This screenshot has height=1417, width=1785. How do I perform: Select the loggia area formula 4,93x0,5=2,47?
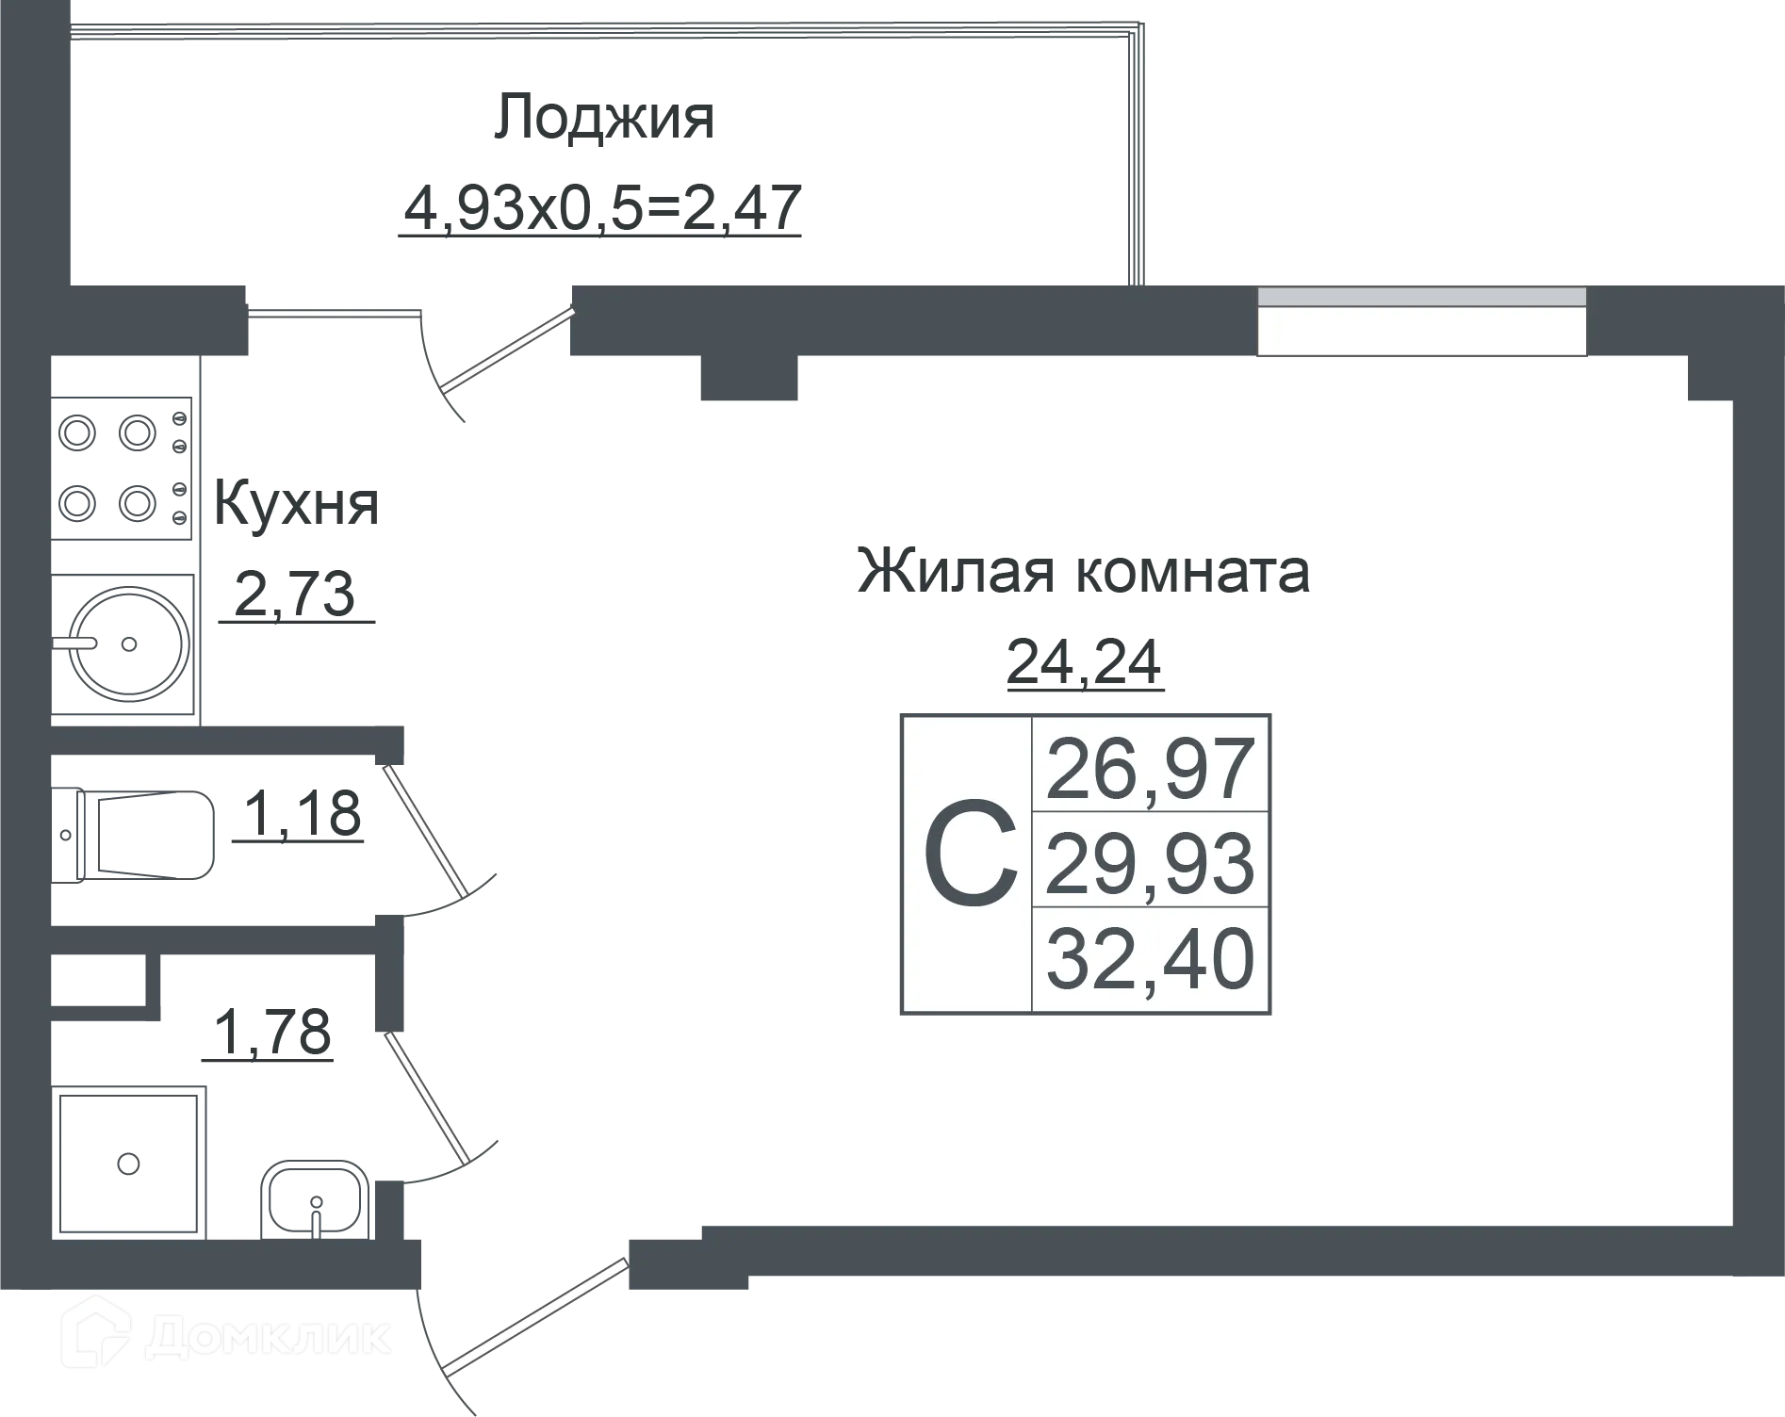[x=601, y=207]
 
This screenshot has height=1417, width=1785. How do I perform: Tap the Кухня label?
[x=296, y=504]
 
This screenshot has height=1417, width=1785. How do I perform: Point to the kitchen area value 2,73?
[x=294, y=594]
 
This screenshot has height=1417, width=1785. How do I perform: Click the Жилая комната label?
[x=1083, y=570]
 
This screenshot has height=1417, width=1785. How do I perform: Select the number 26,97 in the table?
[x=1151, y=769]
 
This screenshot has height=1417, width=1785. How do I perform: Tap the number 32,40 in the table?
[x=1151, y=958]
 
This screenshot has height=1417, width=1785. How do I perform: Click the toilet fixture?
[x=133, y=836]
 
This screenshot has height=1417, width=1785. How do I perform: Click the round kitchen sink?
[x=131, y=644]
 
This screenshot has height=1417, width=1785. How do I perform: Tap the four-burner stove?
[x=122, y=467]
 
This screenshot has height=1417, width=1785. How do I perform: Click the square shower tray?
[x=129, y=1164]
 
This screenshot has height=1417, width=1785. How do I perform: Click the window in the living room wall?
[x=1421, y=321]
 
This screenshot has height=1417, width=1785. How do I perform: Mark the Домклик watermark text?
[x=270, y=1336]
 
